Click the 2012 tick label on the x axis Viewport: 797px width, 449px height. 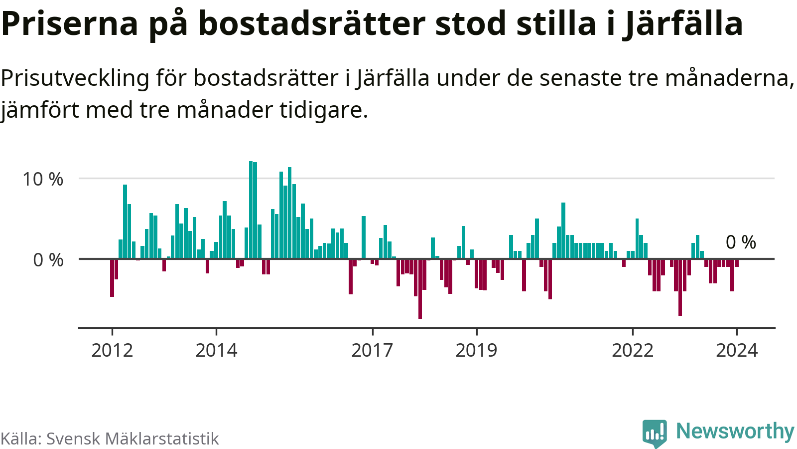pyautogui.click(x=112, y=350)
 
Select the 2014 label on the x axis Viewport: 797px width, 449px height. pyautogui.click(x=216, y=350)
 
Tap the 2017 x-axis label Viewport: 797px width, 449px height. pyautogui.click(x=372, y=350)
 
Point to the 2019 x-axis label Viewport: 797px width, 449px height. pyautogui.click(x=476, y=350)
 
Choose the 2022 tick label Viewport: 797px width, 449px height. pyautogui.click(x=632, y=350)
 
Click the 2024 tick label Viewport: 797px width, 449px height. pyautogui.click(x=736, y=350)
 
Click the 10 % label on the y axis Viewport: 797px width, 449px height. pyautogui.click(x=43, y=179)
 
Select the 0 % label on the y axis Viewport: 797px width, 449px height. pyautogui.click(x=48, y=260)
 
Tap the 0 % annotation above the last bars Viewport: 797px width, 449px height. pyautogui.click(x=741, y=242)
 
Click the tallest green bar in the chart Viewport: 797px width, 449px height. pyautogui.click(x=251, y=210)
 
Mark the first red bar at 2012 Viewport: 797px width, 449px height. pyautogui.click(x=112, y=277)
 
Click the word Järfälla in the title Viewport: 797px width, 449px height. pyautogui.click(x=682, y=23)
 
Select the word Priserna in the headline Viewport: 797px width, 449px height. pyautogui.click(x=70, y=23)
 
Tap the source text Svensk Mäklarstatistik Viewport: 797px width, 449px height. pyautogui.click(x=133, y=439)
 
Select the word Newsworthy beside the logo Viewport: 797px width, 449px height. pyautogui.click(x=735, y=431)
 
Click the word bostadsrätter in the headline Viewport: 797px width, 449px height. pyautogui.click(x=312, y=23)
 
